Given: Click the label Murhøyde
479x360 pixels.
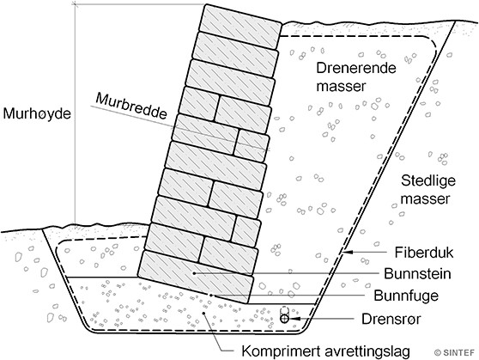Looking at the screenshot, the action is (x=37, y=113).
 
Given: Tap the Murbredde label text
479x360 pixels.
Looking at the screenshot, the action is (x=131, y=107).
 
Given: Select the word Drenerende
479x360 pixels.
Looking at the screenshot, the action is (x=356, y=68).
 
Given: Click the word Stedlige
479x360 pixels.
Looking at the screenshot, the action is (x=428, y=180).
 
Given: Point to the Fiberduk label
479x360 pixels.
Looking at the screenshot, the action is (x=424, y=253).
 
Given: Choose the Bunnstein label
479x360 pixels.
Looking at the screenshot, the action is (x=417, y=273).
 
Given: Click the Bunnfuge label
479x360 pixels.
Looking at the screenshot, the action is (x=406, y=296).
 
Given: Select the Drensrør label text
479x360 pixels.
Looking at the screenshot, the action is (x=391, y=319).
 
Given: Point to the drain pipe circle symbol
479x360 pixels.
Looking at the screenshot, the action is (x=284, y=319).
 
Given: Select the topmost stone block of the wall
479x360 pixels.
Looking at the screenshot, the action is (x=240, y=27).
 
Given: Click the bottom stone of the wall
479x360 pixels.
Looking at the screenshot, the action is (x=196, y=277).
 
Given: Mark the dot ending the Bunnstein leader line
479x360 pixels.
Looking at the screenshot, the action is (x=194, y=273).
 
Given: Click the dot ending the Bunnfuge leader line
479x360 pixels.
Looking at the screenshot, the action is (x=210, y=295).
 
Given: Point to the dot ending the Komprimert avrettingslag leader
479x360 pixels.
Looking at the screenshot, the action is (x=204, y=313).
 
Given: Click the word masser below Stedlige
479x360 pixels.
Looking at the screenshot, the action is (x=425, y=199).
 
